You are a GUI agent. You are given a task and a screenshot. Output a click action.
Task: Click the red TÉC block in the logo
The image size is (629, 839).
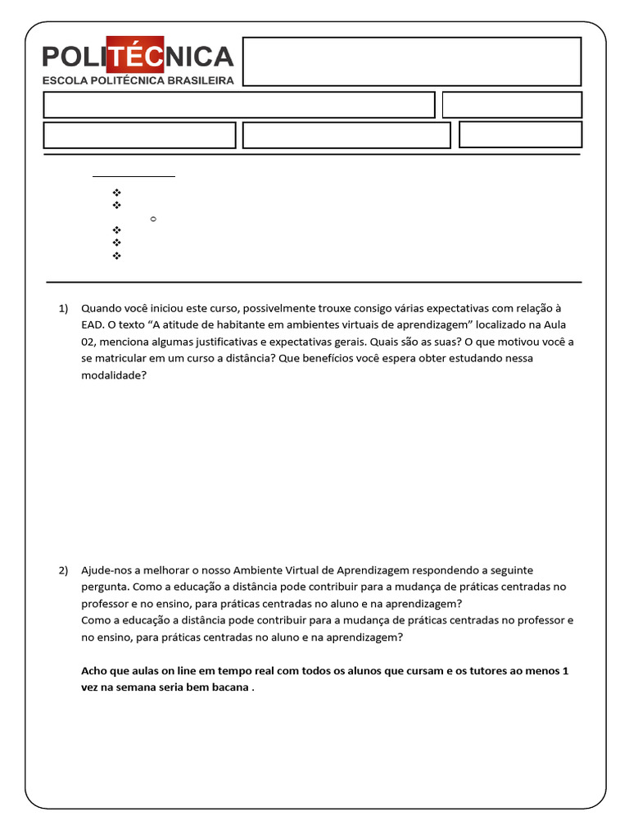136,55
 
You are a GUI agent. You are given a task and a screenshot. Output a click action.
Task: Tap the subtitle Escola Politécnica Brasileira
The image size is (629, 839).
138,80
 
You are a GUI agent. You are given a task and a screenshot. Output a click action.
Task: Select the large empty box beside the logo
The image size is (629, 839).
412,61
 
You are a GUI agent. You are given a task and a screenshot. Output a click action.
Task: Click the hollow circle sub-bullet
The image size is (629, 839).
153,220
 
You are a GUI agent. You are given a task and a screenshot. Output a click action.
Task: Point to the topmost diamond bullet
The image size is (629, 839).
116,192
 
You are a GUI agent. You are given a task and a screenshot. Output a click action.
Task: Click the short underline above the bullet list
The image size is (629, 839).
133,176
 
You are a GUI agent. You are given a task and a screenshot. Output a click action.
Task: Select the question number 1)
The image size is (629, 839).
64,308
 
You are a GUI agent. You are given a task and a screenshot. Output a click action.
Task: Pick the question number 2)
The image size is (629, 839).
64,570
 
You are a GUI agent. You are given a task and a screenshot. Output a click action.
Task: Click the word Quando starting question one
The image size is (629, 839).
102,308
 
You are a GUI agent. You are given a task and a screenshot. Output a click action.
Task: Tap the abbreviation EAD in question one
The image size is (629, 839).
92,325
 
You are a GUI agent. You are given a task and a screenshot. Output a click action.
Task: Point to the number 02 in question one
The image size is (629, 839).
89,342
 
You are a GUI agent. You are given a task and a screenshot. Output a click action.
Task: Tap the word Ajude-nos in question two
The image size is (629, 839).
105,570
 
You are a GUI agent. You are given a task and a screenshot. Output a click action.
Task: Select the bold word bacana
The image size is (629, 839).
229,687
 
